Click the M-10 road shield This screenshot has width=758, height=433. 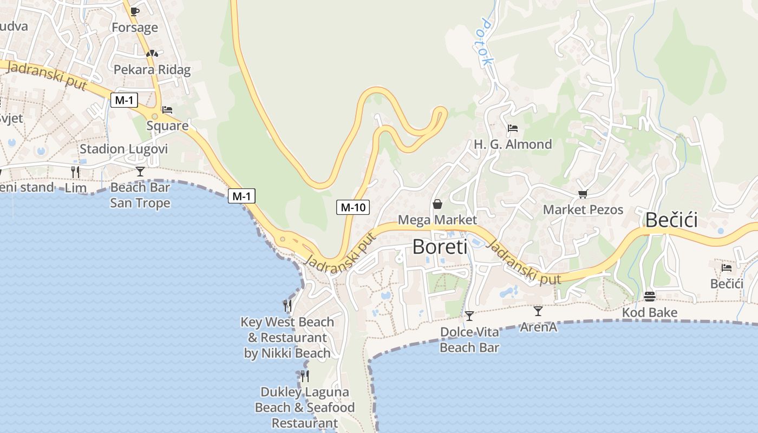pyautogui.click(x=352, y=207)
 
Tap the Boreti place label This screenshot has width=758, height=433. pyautogui.click(x=439, y=246)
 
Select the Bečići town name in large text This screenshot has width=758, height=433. pyautogui.click(x=671, y=220)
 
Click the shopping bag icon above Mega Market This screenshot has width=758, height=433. pyautogui.click(x=437, y=204)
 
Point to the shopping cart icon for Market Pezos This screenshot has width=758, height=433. pyautogui.click(x=583, y=194)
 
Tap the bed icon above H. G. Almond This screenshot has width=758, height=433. pyautogui.click(x=512, y=129)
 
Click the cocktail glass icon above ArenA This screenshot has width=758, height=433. pyautogui.click(x=538, y=311)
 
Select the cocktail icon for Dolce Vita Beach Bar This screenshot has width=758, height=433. pyautogui.click(x=469, y=316)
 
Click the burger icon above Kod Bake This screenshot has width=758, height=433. pyautogui.click(x=650, y=296)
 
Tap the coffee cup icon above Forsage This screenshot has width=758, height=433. pyautogui.click(x=134, y=11)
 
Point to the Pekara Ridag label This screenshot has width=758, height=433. pyautogui.click(x=152, y=69)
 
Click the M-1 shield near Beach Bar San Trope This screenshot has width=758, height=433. pyautogui.click(x=241, y=196)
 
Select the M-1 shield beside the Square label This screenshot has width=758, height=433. pyautogui.click(x=124, y=100)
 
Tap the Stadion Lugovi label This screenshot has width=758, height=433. pyautogui.click(x=123, y=149)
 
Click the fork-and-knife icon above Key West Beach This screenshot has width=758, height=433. pyautogui.click(x=287, y=306)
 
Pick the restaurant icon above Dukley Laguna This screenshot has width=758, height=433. pyautogui.click(x=305, y=376)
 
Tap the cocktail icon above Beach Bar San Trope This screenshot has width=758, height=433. pyautogui.click(x=140, y=172)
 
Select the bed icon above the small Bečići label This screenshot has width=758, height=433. pyautogui.click(x=726, y=267)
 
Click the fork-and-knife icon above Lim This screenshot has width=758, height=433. pyautogui.click(x=75, y=172)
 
